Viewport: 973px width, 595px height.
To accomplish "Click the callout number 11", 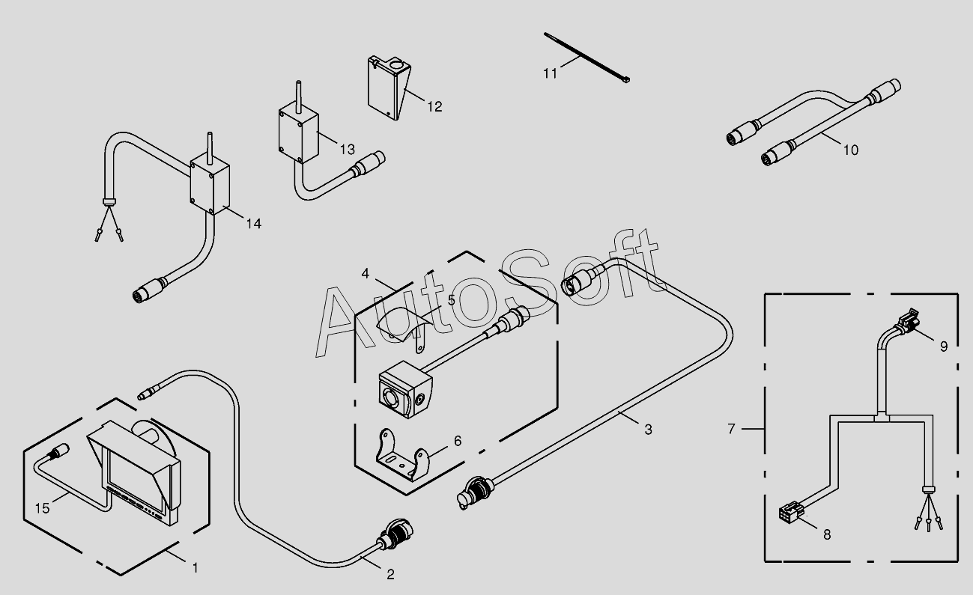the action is (550, 74).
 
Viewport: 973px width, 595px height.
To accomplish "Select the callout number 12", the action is (434, 106).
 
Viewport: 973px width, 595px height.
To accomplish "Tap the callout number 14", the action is (254, 224).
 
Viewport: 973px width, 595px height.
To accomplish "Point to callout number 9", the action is (944, 347).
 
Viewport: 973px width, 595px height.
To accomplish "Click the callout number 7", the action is (732, 429).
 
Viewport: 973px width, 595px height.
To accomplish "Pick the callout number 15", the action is (42, 508).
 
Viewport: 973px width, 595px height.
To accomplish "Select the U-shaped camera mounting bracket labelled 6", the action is (401, 456).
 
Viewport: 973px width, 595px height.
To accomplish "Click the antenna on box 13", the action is (298, 94).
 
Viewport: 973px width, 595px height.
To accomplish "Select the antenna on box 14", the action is (210, 148).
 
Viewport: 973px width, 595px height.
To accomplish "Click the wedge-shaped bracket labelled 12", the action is (388, 88).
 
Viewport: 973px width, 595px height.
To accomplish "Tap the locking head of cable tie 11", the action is (625, 79).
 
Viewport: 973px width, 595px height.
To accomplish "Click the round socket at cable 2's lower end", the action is (395, 534).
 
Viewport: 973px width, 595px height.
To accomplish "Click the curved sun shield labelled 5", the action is (404, 328).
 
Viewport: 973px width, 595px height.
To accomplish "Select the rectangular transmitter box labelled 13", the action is (298, 134).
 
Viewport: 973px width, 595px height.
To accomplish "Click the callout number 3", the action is (648, 430).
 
